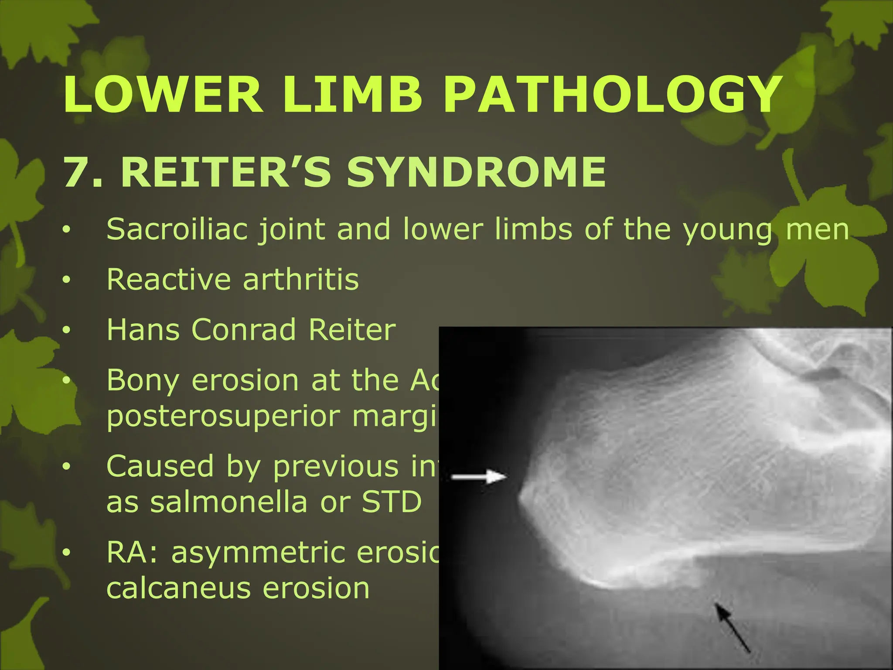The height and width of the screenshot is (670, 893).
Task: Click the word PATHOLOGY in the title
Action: (x=612, y=94)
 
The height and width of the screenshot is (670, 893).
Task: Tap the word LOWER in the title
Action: (x=163, y=94)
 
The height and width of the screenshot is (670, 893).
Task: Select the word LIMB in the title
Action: (x=354, y=94)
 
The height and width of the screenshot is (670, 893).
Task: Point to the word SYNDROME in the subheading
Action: (x=476, y=172)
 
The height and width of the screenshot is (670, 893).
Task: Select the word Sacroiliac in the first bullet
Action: (x=177, y=229)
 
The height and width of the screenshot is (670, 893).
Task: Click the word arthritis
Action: (x=301, y=279)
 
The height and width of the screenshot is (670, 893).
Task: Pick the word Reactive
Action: (x=168, y=279)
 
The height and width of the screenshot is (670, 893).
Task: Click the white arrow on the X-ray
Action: (x=479, y=476)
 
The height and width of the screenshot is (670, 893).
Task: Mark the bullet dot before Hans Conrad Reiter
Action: (x=66, y=330)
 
